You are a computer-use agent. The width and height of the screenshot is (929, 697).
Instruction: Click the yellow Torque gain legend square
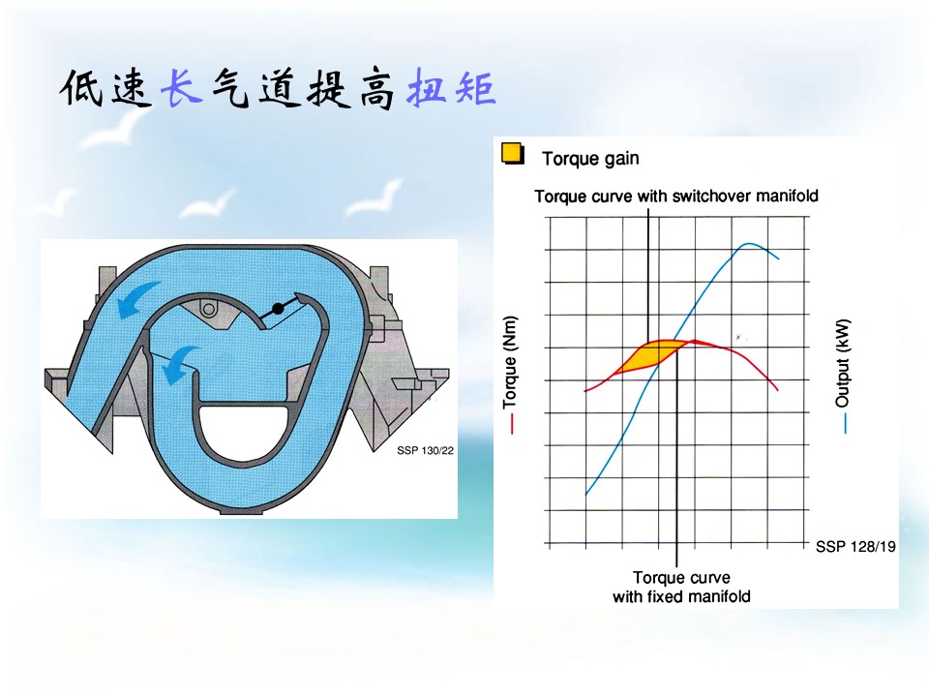tap(513, 153)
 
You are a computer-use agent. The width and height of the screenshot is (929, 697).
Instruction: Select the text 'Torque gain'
tap(590, 159)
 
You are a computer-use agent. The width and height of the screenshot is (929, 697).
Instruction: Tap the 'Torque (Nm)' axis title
tap(510, 362)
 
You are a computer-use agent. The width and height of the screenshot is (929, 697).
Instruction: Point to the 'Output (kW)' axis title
tap(843, 363)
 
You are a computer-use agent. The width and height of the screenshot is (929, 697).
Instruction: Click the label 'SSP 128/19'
tap(855, 546)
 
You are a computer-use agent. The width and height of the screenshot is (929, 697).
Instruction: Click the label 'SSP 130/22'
tap(426, 450)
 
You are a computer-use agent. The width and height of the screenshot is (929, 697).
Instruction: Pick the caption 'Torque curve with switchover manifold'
tap(676, 197)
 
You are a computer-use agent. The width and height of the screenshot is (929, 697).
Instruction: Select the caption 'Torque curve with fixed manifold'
tap(681, 587)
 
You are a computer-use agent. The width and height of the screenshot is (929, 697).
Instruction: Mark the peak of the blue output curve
tap(749, 244)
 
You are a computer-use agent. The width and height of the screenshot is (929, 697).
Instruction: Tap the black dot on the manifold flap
tap(278, 309)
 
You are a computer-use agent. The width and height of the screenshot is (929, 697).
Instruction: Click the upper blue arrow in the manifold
tap(136, 298)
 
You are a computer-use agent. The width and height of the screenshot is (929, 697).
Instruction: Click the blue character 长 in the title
tap(181, 88)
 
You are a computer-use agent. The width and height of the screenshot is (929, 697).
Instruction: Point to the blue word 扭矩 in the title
tap(451, 88)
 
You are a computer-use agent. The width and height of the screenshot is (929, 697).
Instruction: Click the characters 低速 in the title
tap(105, 88)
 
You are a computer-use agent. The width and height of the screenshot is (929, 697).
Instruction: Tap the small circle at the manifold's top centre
tap(209, 309)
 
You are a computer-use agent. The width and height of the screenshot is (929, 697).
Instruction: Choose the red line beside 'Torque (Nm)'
tap(512, 424)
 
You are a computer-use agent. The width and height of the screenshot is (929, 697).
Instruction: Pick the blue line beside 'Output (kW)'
tap(845, 423)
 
